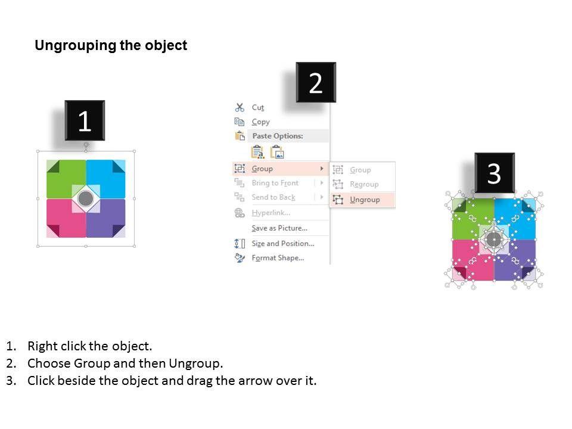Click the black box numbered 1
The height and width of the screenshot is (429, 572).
pyautogui.click(x=85, y=120)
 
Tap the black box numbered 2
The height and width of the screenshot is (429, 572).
pyautogui.click(x=316, y=82)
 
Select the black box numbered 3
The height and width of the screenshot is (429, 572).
pyautogui.click(x=495, y=173)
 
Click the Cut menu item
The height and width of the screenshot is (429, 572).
pyautogui.click(x=257, y=107)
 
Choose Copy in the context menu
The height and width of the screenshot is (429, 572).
pyautogui.click(x=260, y=122)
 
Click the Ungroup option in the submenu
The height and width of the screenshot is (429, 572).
pyautogui.click(x=365, y=200)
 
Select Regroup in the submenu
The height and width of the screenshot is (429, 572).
pyautogui.click(x=364, y=184)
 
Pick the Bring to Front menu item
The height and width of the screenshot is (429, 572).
pyautogui.click(x=275, y=183)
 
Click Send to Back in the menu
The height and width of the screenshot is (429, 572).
pyautogui.click(x=273, y=197)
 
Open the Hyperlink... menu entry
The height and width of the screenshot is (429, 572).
pyautogui.click(x=271, y=212)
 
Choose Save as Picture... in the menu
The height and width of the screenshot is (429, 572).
pyautogui.click(x=279, y=228)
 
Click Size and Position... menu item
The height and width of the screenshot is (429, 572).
pyautogui.click(x=282, y=243)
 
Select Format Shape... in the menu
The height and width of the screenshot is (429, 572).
pyautogui.click(x=278, y=258)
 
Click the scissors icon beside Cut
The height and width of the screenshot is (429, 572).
pyautogui.click(x=240, y=107)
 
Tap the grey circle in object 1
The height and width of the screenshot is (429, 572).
pyautogui.click(x=86, y=198)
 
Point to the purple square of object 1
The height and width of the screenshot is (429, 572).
pyautogui.click(x=106, y=218)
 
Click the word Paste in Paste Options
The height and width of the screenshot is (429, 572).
pyautogui.click(x=262, y=136)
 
